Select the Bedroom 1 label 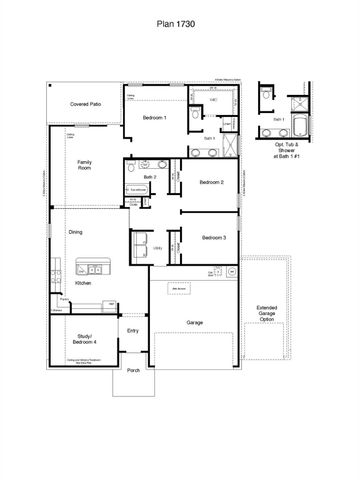coord(153,119)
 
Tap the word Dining coord(75,232)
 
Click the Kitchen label coord(83,284)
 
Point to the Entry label coord(132,330)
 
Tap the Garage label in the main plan coord(195,322)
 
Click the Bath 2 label coord(149,176)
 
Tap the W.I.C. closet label coord(213,100)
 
